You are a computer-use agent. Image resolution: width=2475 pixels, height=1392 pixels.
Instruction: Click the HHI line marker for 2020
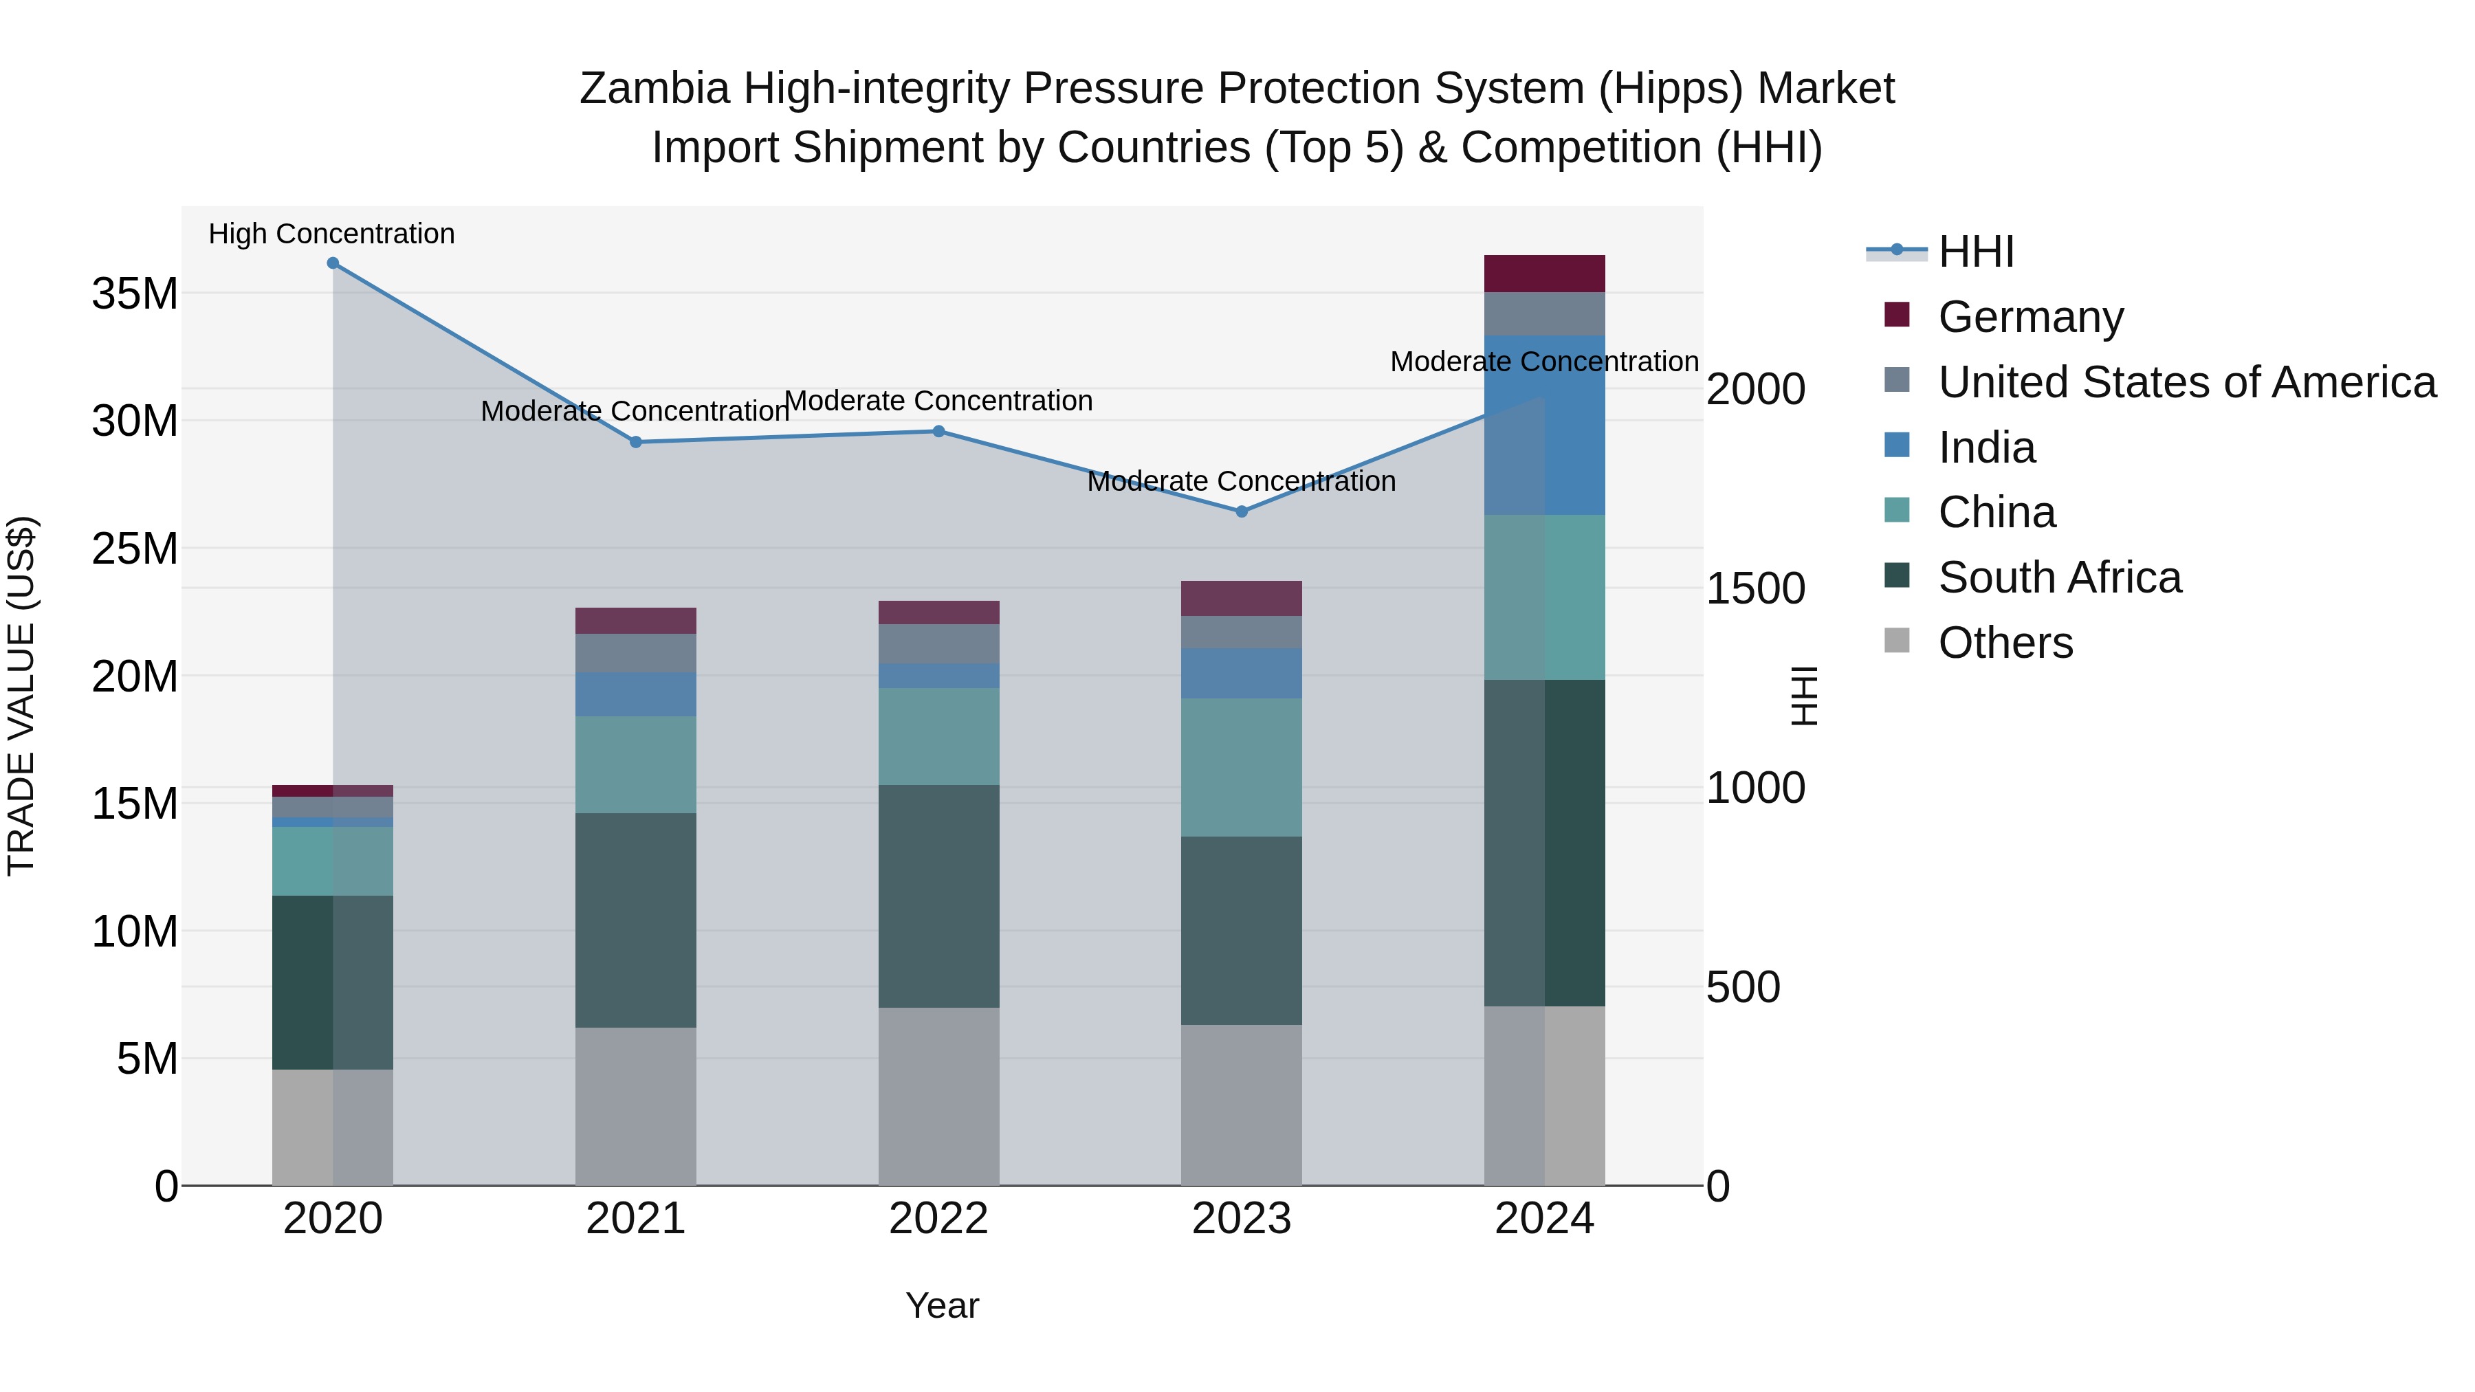[333, 263]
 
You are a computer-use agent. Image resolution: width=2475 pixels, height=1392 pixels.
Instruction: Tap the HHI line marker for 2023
[1242, 512]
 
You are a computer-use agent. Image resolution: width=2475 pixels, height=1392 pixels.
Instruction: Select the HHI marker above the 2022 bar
[938, 431]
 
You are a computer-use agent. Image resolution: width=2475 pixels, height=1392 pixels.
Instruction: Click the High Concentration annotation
[331, 234]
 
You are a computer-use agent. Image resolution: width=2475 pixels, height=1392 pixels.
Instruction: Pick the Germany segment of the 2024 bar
[1544, 274]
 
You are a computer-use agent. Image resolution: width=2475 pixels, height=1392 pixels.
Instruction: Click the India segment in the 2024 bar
[1544, 426]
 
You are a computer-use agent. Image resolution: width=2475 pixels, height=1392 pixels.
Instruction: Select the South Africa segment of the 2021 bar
[635, 920]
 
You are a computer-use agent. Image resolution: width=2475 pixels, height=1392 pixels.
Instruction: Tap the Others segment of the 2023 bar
[1242, 1105]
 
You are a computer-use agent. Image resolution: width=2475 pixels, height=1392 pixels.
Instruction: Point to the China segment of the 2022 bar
[938, 737]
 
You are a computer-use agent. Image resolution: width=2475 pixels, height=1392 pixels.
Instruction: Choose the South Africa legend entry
[2059, 578]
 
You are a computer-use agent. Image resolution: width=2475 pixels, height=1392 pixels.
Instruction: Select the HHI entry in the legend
[1975, 252]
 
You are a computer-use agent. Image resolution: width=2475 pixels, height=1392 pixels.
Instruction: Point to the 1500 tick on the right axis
[1754, 589]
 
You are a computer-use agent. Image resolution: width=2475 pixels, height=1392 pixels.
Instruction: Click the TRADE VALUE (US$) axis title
[21, 696]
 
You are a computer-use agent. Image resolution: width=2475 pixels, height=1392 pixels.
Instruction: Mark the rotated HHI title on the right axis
[1805, 696]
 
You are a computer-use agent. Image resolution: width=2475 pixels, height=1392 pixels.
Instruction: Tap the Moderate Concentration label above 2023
[1242, 481]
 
